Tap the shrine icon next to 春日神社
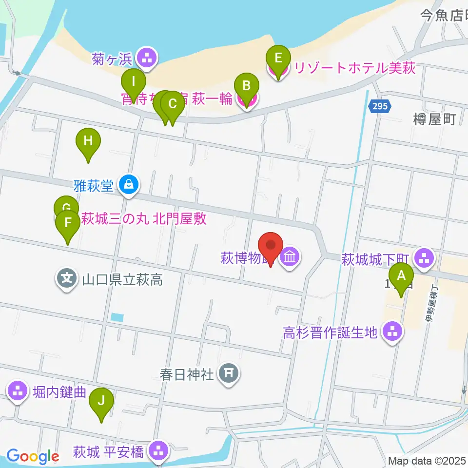point(228,374)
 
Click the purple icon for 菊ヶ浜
point(146,58)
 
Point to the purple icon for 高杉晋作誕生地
point(393,332)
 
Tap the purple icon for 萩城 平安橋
point(158,451)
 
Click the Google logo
point(33,456)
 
